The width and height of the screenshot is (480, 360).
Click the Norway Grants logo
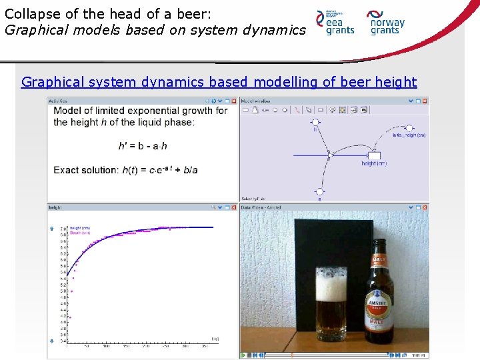click(387, 22)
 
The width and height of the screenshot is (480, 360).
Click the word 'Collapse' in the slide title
click(30, 13)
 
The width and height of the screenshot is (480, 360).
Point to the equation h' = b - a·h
click(142, 145)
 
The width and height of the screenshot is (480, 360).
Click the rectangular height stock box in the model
click(374, 155)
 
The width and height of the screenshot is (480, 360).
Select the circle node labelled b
click(315, 123)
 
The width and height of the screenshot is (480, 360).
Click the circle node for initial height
click(409, 127)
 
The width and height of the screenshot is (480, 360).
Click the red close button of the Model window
click(425, 101)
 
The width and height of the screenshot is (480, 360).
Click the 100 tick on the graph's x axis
click(106, 346)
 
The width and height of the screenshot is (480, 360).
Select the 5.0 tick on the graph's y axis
click(63, 291)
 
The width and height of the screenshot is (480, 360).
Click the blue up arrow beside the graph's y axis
click(52, 229)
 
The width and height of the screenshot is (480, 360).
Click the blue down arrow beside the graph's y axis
click(52, 341)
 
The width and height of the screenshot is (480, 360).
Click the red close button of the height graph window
click(234, 207)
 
